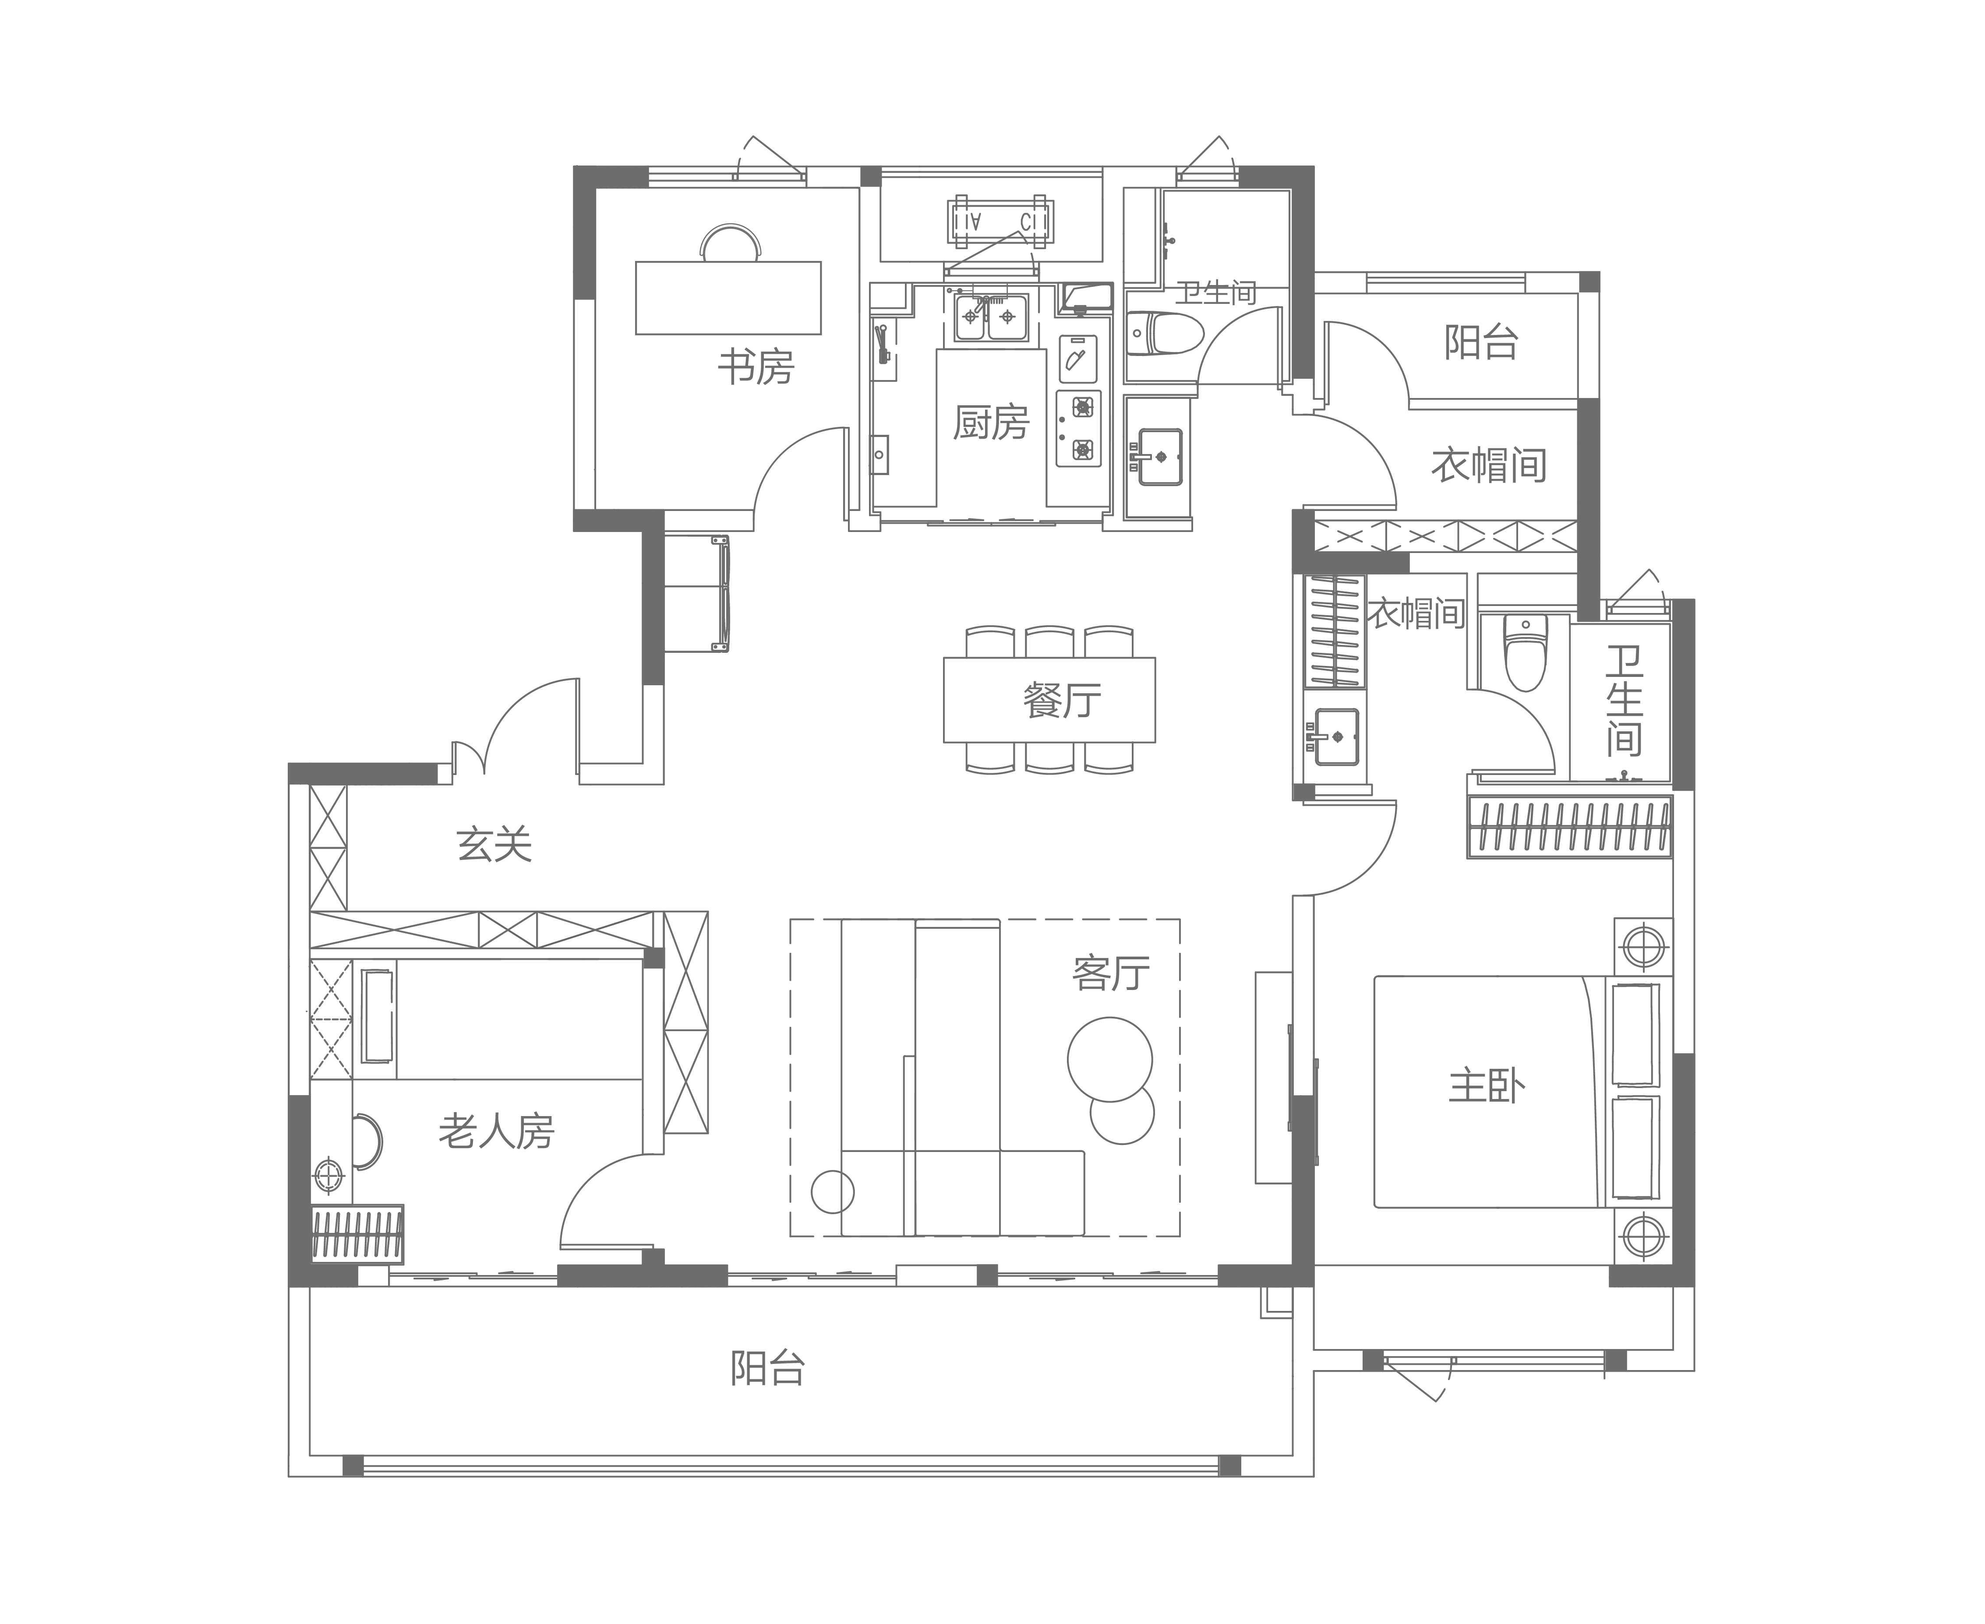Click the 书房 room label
tap(755, 367)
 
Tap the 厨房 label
tap(991, 422)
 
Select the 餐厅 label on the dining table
tap(1062, 700)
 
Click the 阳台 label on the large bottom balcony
tap(767, 1368)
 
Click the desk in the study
tap(728, 297)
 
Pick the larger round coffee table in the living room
tap(1110, 1059)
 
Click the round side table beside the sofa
tap(832, 1192)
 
